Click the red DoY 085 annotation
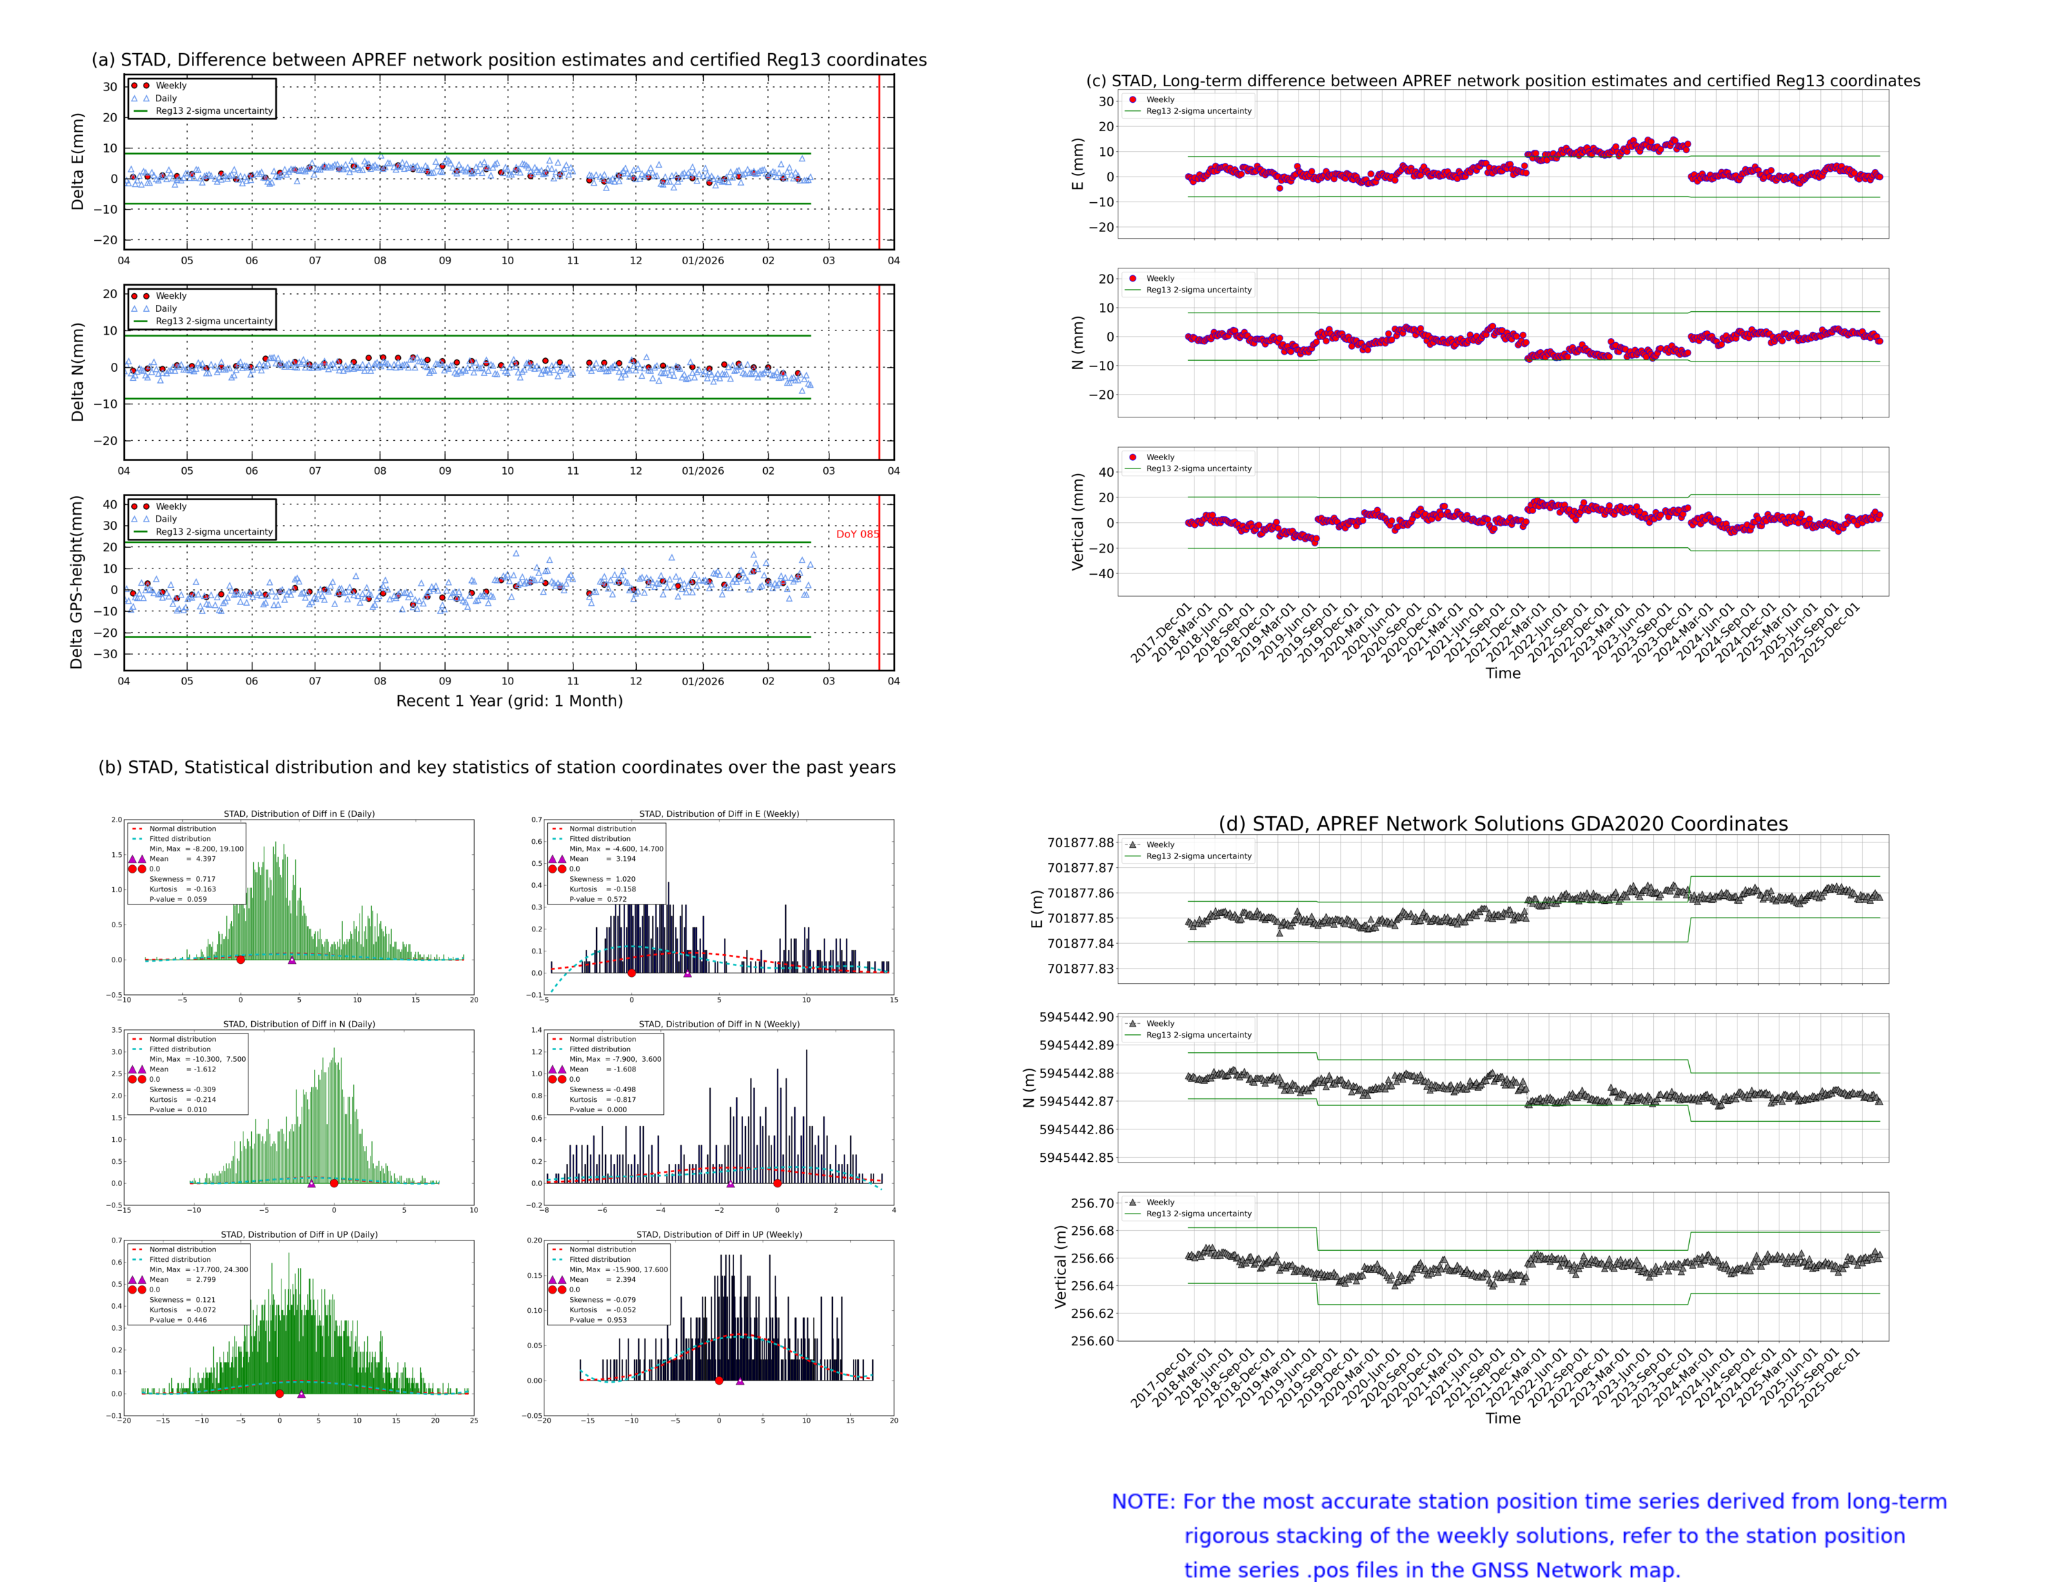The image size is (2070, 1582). pyautogui.click(x=856, y=534)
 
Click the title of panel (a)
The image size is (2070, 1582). pyautogui.click(x=509, y=60)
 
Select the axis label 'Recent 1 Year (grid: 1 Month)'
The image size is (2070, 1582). pyautogui.click(x=509, y=700)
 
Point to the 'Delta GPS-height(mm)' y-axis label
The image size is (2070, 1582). pyautogui.click(x=77, y=582)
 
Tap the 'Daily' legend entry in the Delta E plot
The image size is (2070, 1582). pyautogui.click(x=166, y=98)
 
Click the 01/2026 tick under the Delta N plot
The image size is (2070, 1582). pyautogui.click(x=702, y=471)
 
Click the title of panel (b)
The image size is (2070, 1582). pyautogui.click(x=496, y=767)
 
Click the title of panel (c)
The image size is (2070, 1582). pyautogui.click(x=1502, y=81)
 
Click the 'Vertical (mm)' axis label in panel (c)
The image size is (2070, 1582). pyautogui.click(x=1077, y=522)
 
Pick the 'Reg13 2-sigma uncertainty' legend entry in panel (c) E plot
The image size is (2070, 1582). pyautogui.click(x=1198, y=111)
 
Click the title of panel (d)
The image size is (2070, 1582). pyautogui.click(x=1502, y=824)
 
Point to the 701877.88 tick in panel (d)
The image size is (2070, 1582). pyautogui.click(x=1081, y=843)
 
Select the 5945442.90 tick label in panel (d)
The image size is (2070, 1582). pyautogui.click(x=1076, y=1017)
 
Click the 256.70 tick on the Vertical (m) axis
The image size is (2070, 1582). pyautogui.click(x=1092, y=1203)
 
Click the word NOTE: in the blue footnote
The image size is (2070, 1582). pyautogui.click(x=1143, y=1502)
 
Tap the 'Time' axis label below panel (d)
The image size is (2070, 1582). pyautogui.click(x=1502, y=1418)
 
